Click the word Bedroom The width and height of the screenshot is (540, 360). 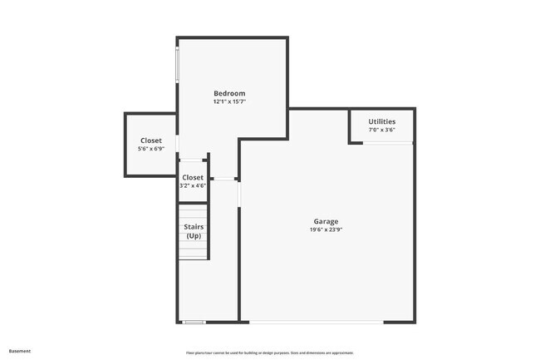click(x=229, y=93)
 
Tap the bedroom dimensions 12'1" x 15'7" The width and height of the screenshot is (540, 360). click(x=229, y=102)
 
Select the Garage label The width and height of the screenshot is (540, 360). click(x=326, y=221)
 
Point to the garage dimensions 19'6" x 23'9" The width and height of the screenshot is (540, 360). click(x=326, y=229)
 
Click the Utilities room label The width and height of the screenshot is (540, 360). click(x=382, y=121)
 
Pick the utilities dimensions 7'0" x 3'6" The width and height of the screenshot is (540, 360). click(x=382, y=130)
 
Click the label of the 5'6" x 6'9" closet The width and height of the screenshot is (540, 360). click(x=150, y=141)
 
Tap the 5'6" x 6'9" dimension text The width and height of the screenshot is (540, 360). click(x=150, y=149)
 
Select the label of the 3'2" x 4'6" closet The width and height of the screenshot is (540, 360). click(x=193, y=177)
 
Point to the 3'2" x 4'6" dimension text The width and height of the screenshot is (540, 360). click(x=193, y=185)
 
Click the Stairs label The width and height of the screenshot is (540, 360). click(x=194, y=227)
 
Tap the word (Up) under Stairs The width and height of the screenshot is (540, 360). click(x=194, y=236)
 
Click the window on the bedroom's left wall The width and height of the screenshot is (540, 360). click(x=177, y=64)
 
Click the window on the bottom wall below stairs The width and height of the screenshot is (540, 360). click(x=194, y=323)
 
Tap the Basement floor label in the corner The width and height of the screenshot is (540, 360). click(x=20, y=351)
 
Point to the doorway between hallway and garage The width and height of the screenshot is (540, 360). click(x=239, y=195)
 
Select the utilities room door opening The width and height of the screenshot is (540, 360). click(x=388, y=143)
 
